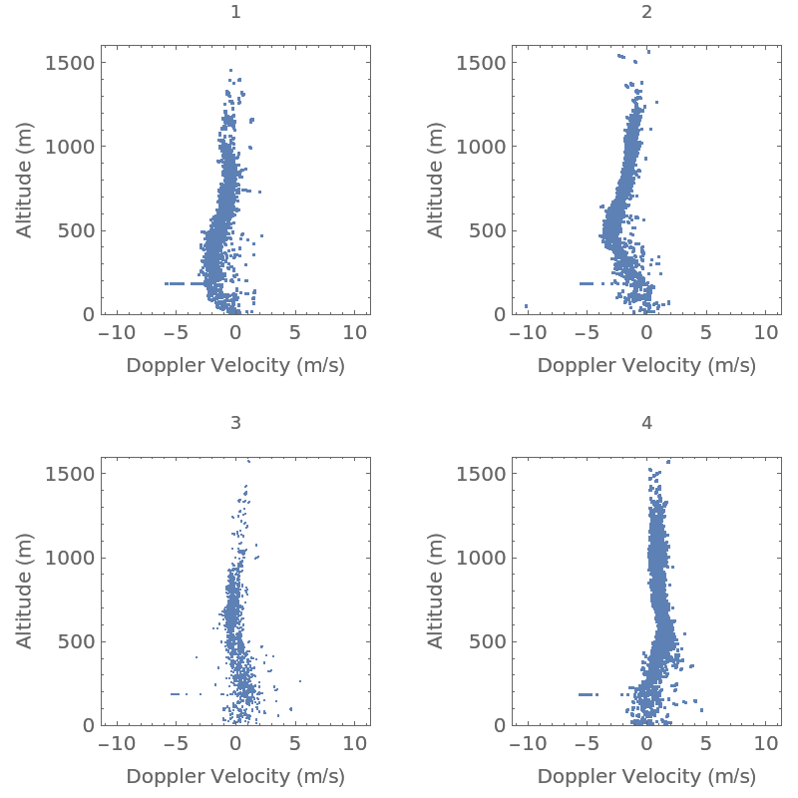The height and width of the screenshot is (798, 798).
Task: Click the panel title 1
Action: point(235,12)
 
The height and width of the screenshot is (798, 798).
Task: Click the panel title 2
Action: point(646,12)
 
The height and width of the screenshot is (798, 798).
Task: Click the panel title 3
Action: point(235,423)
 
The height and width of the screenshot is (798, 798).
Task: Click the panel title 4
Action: point(646,423)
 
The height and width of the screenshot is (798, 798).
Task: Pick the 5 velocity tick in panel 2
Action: point(706,332)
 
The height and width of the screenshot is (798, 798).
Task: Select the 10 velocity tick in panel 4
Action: point(765,743)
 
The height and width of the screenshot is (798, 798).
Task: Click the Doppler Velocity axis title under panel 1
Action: point(235,366)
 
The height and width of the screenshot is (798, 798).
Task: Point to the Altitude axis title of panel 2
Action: point(436,180)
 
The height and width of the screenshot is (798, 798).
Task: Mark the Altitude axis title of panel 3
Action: point(25,591)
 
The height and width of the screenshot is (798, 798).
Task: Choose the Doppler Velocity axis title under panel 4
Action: point(646,777)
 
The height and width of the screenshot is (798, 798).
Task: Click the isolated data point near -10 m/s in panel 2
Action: point(527,306)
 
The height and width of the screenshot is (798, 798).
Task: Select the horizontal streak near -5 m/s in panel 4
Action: point(589,694)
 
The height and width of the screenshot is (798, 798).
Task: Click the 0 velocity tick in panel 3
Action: point(235,743)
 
